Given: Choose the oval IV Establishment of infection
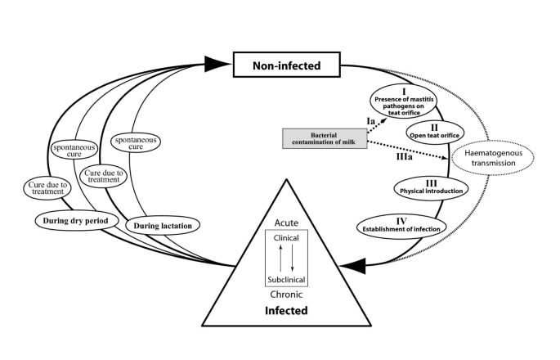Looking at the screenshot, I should pyautogui.click(x=401, y=224).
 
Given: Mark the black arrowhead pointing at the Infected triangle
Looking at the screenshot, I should pyautogui.click(x=354, y=264).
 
